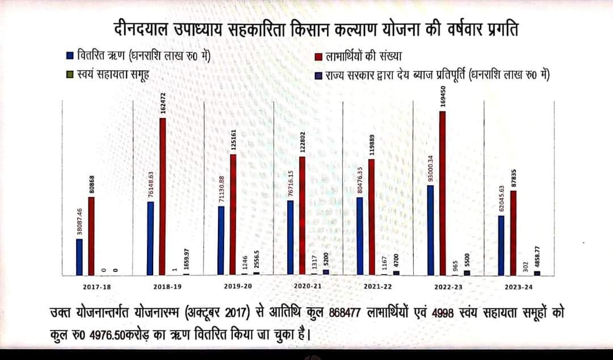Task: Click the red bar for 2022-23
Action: click(442, 193)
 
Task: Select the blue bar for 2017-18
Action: click(79, 257)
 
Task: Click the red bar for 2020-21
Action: click(302, 216)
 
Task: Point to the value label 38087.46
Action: click(80, 221)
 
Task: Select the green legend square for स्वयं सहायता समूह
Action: click(70, 74)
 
